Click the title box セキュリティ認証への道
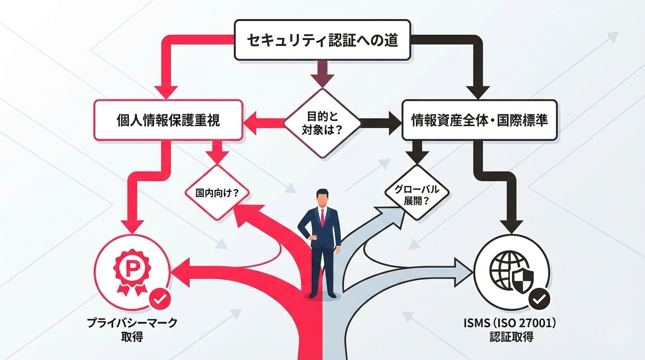coord(322,40)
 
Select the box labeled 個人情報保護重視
coord(168,120)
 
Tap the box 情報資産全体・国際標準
coord(480,120)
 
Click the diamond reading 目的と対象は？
coord(322,123)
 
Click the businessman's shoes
coord(322,294)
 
